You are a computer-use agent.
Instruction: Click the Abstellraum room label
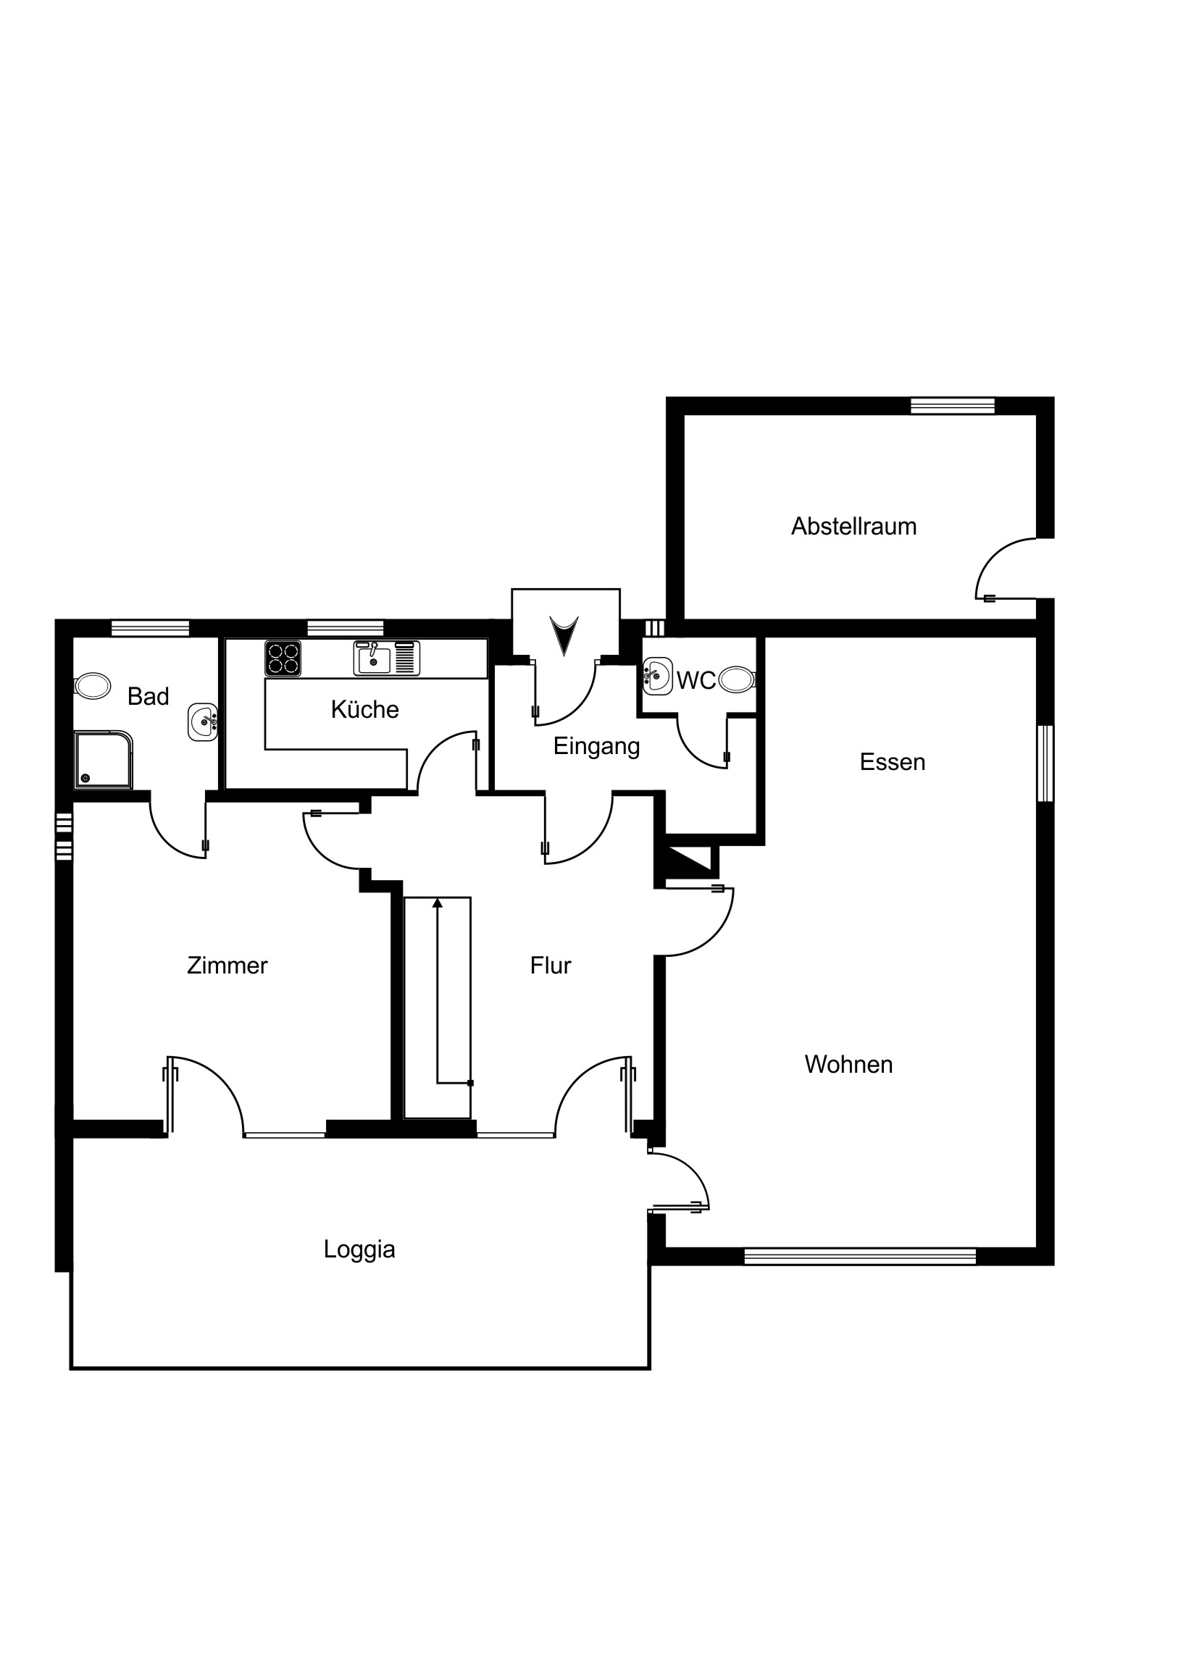click(853, 526)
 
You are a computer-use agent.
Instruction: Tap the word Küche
click(364, 709)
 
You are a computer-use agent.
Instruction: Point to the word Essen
click(892, 762)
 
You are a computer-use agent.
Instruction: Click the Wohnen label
click(848, 1065)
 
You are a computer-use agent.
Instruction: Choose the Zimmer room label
click(227, 965)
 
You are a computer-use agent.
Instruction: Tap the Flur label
click(550, 965)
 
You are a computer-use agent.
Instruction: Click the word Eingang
click(597, 746)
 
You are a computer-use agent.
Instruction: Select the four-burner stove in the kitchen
click(283, 659)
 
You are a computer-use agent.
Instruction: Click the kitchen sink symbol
click(386, 658)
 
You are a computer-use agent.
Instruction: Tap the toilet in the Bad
click(92, 685)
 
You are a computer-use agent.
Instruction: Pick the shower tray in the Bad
click(104, 760)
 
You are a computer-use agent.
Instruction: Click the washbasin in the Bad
click(203, 722)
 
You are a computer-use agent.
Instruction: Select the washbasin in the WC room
click(658, 677)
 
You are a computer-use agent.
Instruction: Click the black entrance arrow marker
click(564, 635)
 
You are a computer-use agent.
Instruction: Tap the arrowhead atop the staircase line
click(437, 903)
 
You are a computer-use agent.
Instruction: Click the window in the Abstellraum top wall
click(952, 406)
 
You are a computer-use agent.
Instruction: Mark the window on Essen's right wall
click(1045, 763)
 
